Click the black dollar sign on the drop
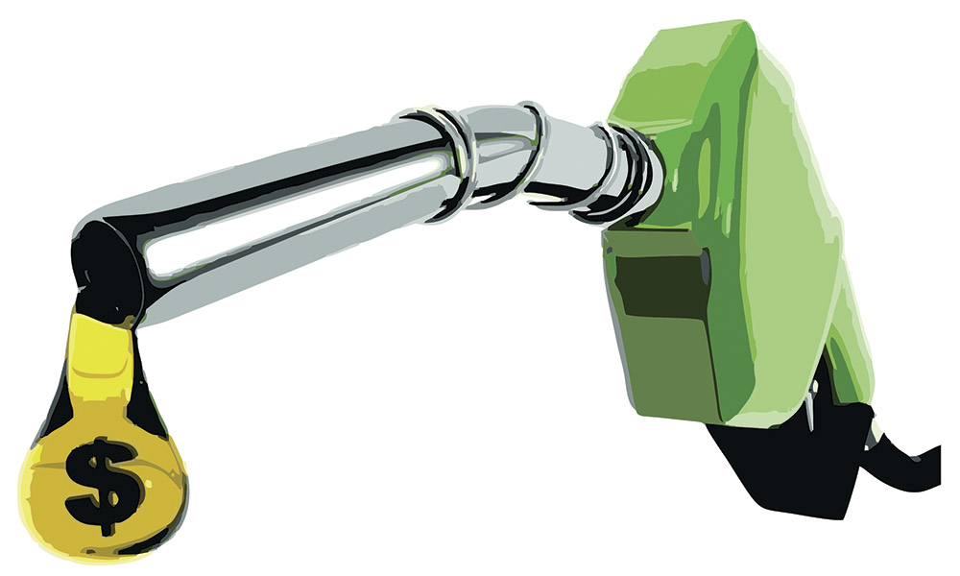[103, 485]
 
